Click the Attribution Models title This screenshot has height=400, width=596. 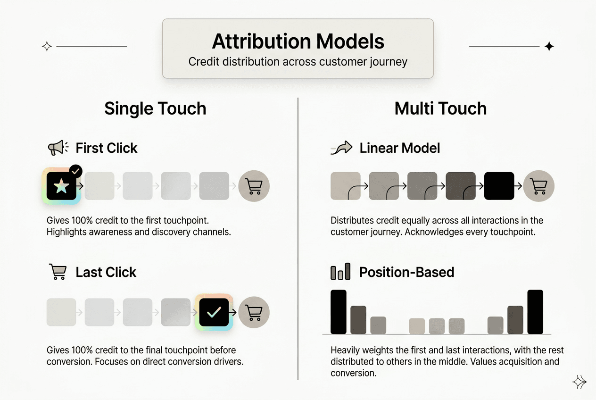tap(298, 42)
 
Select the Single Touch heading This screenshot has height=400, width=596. tap(155, 108)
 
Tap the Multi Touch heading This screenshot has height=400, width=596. tap(440, 108)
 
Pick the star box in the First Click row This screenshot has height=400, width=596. tap(61, 186)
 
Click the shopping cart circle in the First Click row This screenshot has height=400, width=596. tap(254, 186)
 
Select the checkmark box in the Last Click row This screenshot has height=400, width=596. tap(214, 312)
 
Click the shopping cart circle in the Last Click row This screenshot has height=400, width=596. tap(254, 312)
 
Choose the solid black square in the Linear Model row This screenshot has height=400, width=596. tap(499, 186)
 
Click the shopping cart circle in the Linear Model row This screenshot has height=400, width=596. tap(539, 186)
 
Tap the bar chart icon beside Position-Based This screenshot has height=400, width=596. tap(340, 272)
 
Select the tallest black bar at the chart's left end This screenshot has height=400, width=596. tap(339, 312)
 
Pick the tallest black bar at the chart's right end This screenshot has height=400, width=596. tap(535, 312)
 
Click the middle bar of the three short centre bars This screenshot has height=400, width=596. tap(437, 326)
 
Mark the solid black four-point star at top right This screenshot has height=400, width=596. tap(549, 46)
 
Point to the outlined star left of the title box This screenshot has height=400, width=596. tap(47, 46)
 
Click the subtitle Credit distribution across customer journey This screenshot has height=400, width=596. tap(298, 62)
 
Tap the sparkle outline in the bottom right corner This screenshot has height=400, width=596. tap(579, 382)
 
